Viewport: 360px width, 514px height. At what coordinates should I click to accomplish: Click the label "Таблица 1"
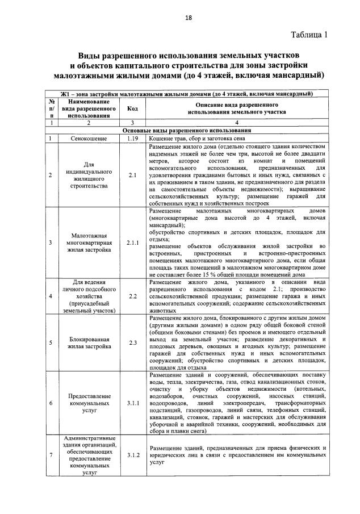309,35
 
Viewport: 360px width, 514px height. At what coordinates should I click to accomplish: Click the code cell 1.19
132,138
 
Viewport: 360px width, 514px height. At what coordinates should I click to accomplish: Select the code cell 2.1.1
132,243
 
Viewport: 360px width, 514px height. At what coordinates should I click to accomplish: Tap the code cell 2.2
132,296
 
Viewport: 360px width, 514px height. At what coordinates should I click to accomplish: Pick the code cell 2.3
132,342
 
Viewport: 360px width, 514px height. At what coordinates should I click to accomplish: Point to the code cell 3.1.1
132,403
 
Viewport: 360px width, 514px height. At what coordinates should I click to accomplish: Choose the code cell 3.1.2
132,455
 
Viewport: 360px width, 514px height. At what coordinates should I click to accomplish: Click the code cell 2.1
132,175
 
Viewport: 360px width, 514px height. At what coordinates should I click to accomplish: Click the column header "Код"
132,108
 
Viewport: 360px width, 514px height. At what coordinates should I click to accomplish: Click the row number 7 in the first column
51,455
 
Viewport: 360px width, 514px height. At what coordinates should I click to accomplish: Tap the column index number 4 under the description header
236,122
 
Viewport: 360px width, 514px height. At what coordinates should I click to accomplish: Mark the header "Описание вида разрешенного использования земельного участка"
236,108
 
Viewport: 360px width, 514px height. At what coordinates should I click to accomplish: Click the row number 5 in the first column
51,342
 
